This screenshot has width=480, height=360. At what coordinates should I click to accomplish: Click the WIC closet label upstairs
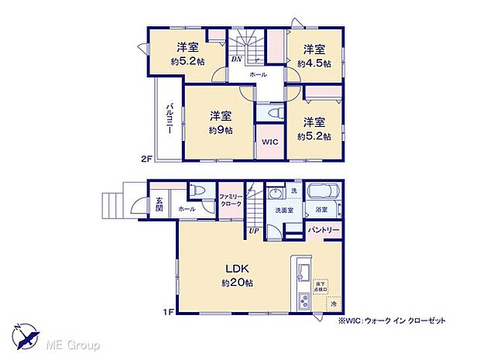269,142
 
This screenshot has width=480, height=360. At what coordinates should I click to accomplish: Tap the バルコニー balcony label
168,122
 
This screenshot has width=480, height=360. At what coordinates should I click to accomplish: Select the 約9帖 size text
218,130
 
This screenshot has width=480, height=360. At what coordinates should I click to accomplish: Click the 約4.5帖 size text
314,64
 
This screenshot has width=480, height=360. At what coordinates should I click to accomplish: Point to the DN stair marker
236,59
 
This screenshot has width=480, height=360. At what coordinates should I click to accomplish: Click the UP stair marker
253,230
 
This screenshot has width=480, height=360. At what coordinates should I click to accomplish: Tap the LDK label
237,269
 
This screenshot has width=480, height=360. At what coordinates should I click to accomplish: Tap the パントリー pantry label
324,231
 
